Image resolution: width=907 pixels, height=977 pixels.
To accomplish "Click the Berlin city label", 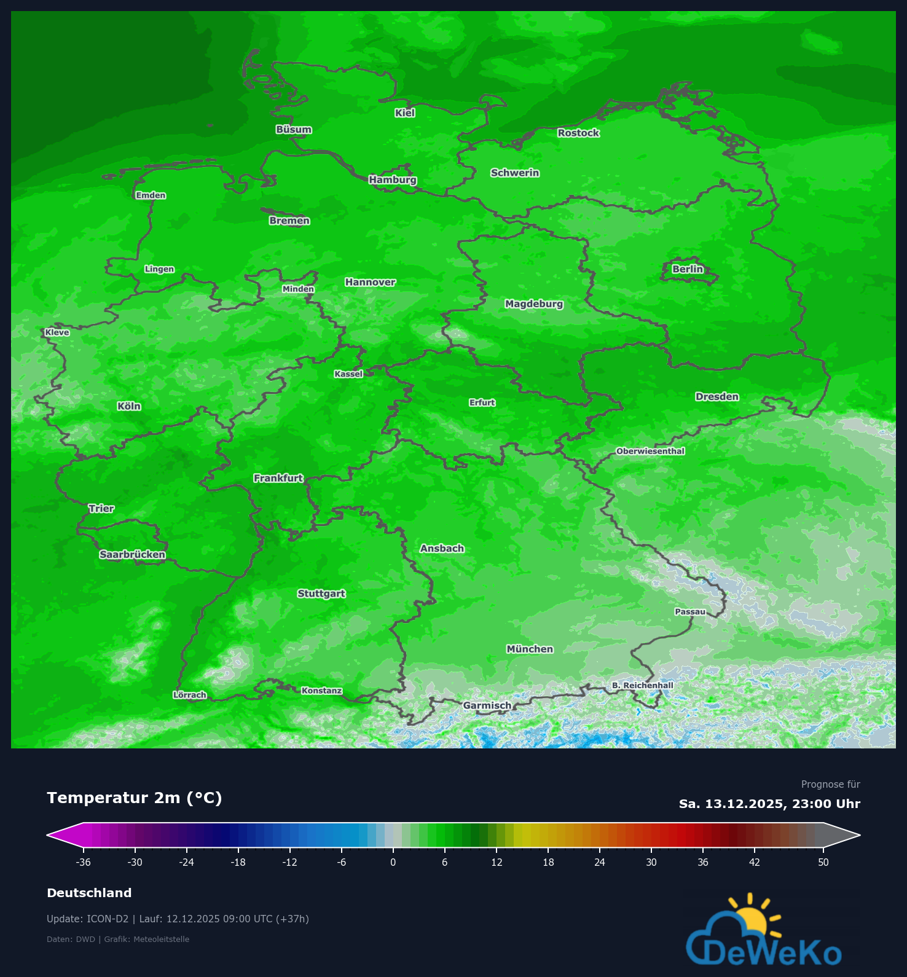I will (687, 269).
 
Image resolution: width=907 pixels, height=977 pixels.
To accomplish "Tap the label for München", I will (530, 649).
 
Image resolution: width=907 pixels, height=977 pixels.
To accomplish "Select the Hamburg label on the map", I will (393, 179).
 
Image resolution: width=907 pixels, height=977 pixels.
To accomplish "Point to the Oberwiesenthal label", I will (650, 451).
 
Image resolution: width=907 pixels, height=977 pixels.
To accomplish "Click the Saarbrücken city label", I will (133, 554).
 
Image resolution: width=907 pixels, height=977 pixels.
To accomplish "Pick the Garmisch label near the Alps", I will (487, 705).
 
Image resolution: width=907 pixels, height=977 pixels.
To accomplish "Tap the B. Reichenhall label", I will (642, 685).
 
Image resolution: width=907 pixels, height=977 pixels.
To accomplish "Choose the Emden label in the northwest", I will (151, 195).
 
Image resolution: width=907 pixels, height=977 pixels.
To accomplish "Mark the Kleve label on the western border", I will (57, 332).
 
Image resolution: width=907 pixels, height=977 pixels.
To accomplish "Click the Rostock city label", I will (578, 133).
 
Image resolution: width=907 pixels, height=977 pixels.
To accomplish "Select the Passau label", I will (690, 611).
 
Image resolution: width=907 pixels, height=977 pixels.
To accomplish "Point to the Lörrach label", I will (190, 695).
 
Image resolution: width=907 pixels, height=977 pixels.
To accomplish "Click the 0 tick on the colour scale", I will (393, 862).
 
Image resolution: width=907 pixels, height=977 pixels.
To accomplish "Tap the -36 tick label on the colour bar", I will (84, 862).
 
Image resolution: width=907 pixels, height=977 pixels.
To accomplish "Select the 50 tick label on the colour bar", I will (823, 862).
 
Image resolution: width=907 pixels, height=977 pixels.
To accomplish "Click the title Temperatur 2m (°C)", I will (135, 798).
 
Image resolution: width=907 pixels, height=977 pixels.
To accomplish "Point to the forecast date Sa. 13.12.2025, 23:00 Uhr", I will (769, 804).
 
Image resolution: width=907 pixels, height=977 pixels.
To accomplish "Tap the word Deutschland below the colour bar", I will (89, 893).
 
